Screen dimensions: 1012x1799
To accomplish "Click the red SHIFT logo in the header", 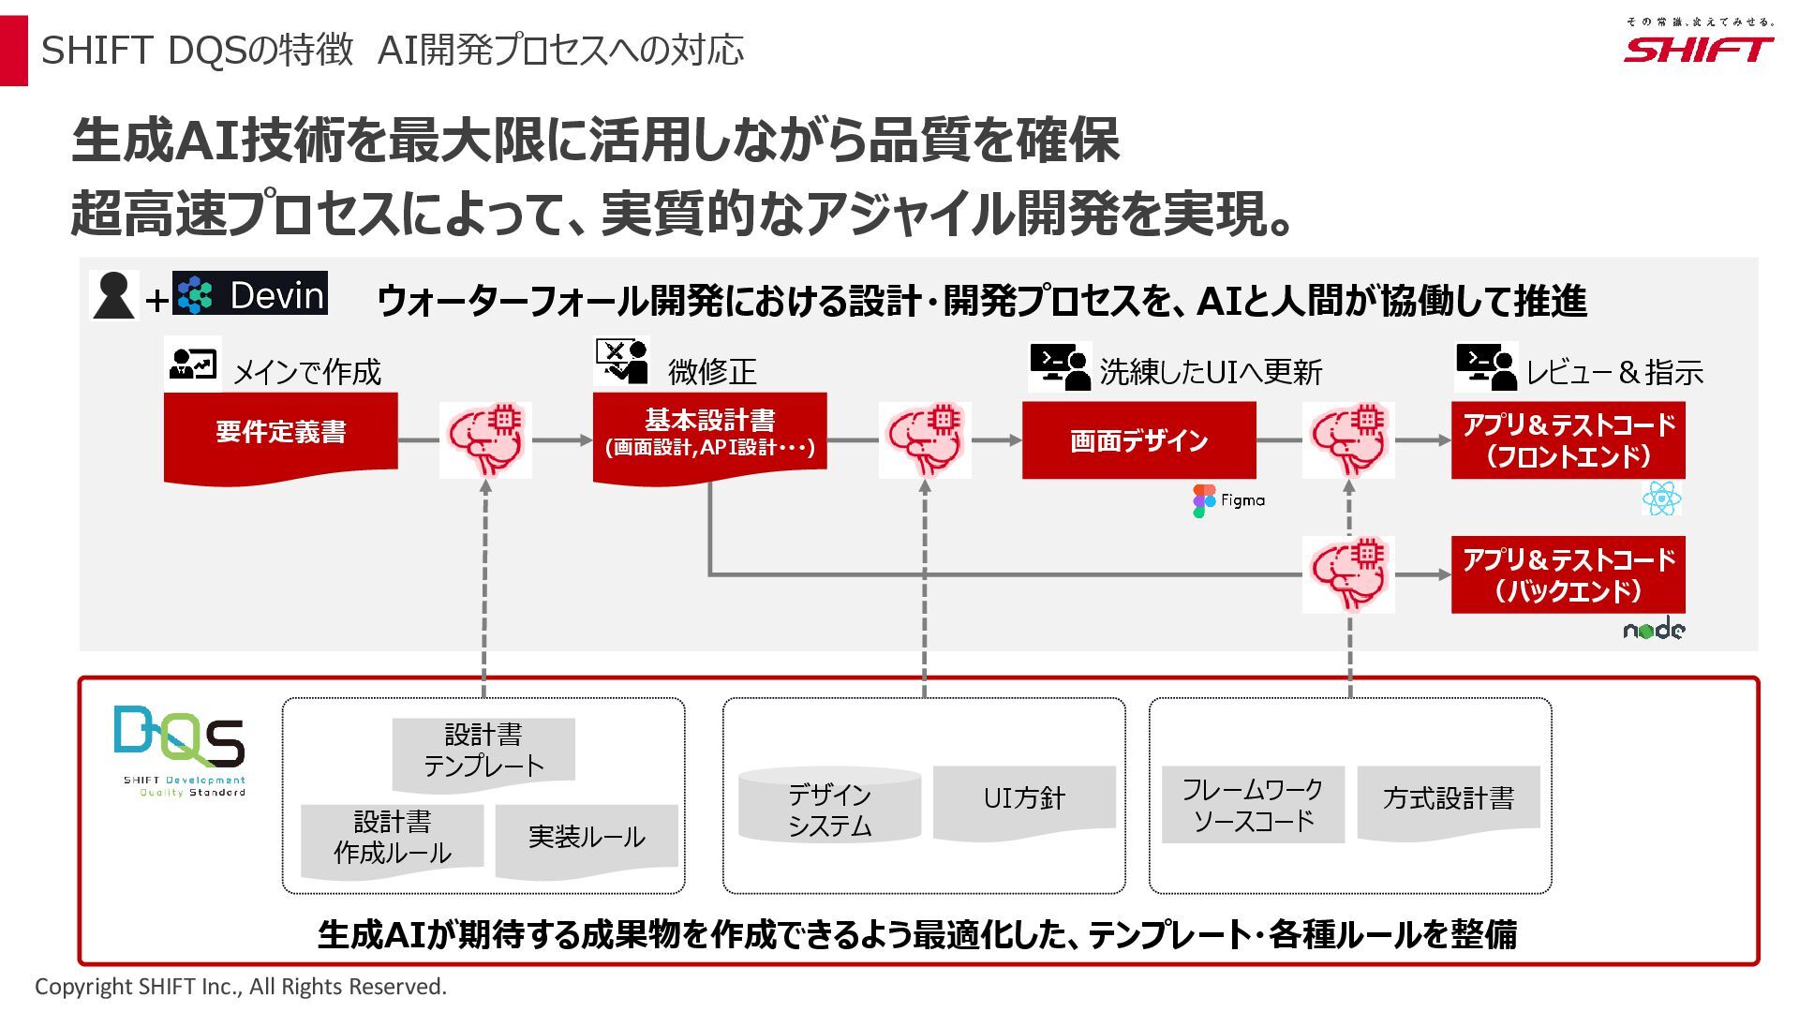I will [x=1698, y=49].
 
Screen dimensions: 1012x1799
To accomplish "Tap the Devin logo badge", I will [x=250, y=294].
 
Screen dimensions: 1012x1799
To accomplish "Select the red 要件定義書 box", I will [x=280, y=434].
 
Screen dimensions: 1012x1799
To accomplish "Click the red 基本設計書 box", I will [x=709, y=434].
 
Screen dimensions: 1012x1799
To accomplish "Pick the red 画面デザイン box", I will [x=1138, y=440].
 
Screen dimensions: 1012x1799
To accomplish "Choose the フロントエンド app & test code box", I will [x=1568, y=440].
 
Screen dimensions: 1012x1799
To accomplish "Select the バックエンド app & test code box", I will [x=1568, y=574].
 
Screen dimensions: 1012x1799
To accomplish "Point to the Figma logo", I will [x=1228, y=500].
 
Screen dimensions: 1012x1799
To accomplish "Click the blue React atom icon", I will [x=1661, y=499].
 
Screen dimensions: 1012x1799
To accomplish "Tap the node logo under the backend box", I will [x=1654, y=630].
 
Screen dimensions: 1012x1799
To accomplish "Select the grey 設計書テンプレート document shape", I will [x=483, y=752].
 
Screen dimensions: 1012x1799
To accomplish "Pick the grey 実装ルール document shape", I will [x=587, y=838].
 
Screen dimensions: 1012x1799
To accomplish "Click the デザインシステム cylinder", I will [x=829, y=806].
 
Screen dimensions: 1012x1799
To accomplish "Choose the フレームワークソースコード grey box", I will [x=1253, y=805].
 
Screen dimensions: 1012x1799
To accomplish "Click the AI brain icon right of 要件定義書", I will [x=485, y=439].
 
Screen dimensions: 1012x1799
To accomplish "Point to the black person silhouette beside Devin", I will [x=114, y=295].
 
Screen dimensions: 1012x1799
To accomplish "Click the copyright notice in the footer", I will [x=241, y=987].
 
